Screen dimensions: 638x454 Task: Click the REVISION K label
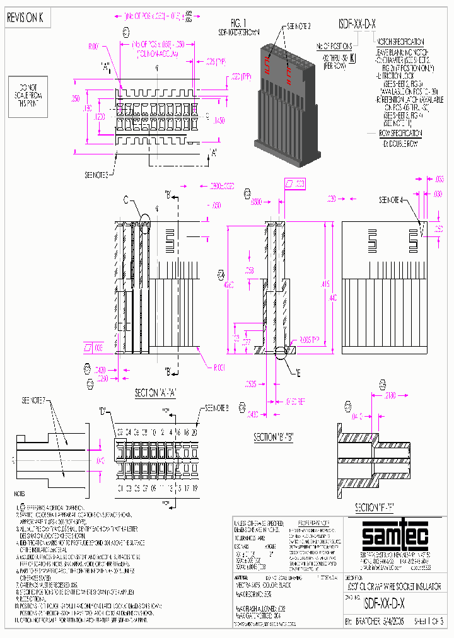[25, 18]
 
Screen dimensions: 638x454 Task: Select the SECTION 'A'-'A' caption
[154, 392]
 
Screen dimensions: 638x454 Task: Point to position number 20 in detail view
[194, 432]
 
